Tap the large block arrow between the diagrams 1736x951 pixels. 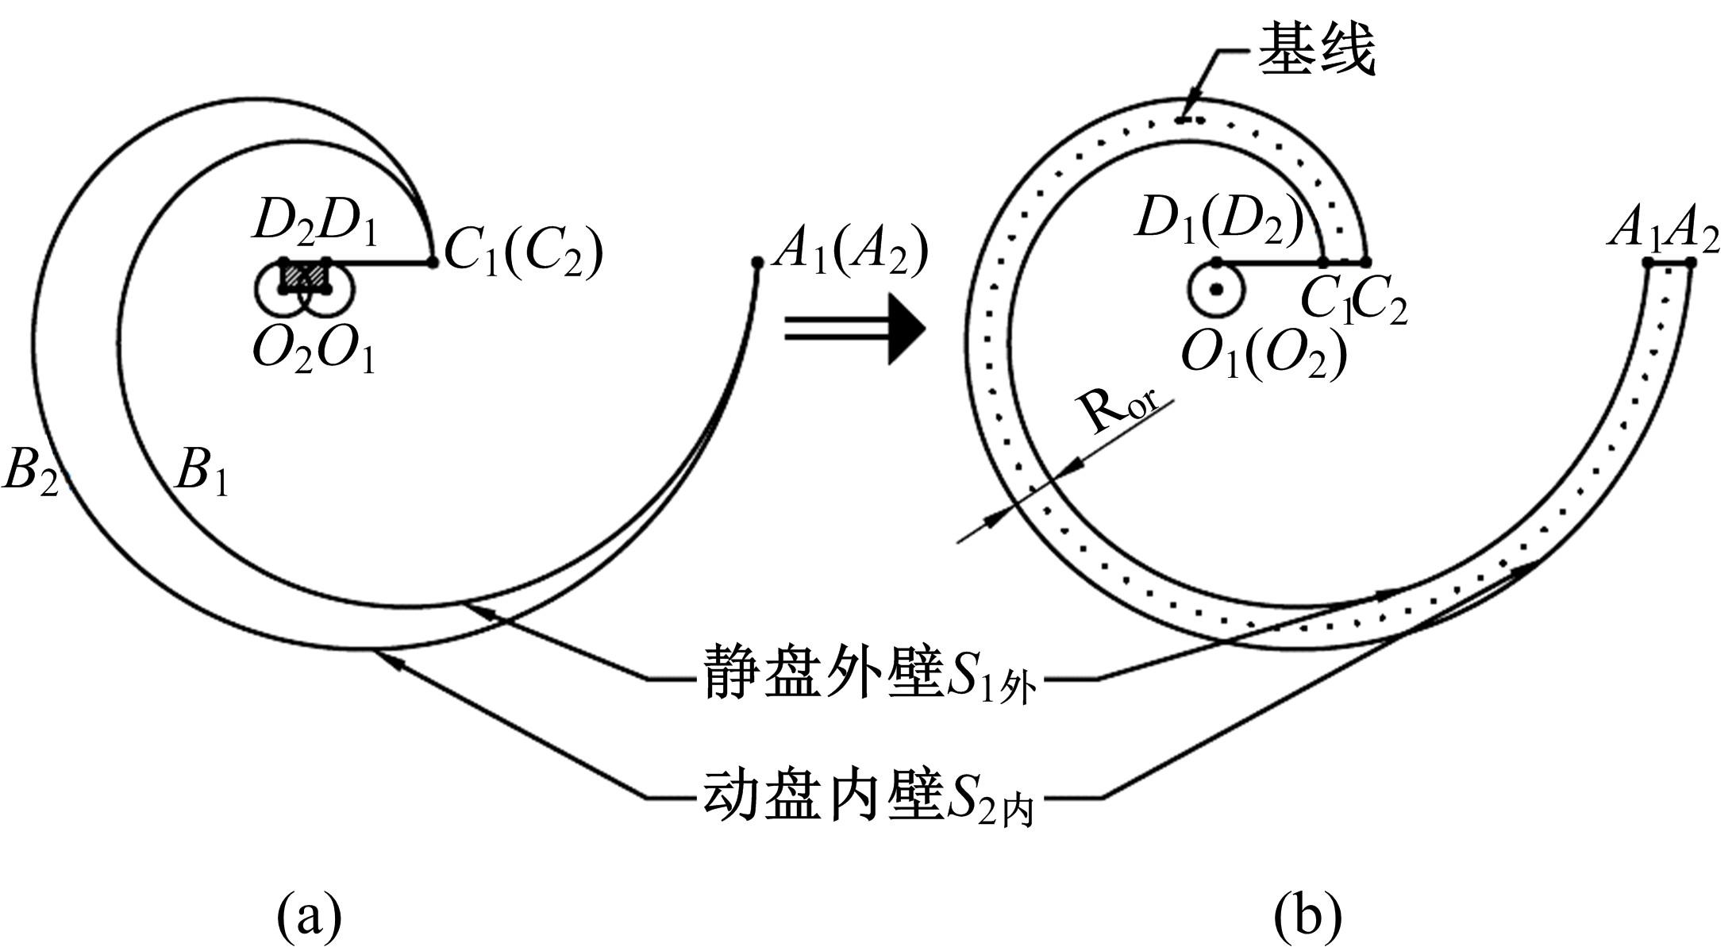coord(857,329)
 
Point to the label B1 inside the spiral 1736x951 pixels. coord(202,472)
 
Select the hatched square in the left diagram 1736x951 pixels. coord(305,275)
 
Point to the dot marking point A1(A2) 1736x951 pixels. coord(756,262)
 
